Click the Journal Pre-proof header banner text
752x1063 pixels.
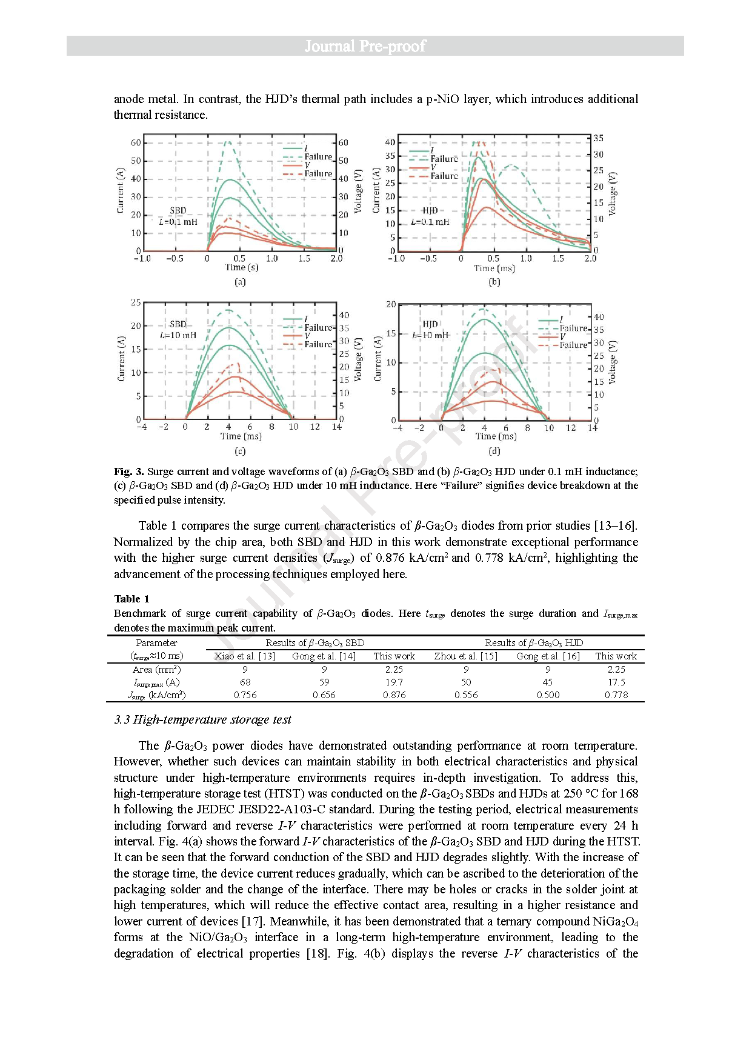pyautogui.click(x=365, y=46)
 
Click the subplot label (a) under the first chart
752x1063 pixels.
pyautogui.click(x=240, y=282)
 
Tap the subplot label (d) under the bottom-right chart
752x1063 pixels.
pyautogui.click(x=494, y=452)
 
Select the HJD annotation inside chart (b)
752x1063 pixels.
pyautogui.click(x=430, y=211)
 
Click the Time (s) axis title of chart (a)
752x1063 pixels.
pyautogui.click(x=242, y=267)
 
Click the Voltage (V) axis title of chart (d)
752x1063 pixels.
pyautogui.click(x=612, y=362)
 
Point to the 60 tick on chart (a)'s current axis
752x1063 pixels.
pyautogui.click(x=136, y=143)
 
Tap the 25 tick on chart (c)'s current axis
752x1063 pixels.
pyautogui.click(x=136, y=302)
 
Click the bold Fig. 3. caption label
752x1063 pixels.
pyautogui.click(x=128, y=472)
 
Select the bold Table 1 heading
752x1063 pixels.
pyautogui.click(x=131, y=599)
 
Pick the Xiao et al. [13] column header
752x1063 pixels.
pyautogui.click(x=245, y=656)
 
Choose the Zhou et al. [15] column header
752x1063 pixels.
pyautogui.click(x=466, y=656)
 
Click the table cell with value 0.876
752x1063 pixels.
pyautogui.click(x=394, y=695)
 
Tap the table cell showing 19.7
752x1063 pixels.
pyautogui.click(x=394, y=682)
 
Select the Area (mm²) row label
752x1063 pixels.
pyautogui.click(x=156, y=670)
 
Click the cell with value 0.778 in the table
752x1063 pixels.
pyautogui.click(x=616, y=695)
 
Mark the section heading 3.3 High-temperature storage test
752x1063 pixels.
pyautogui.click(x=202, y=720)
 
